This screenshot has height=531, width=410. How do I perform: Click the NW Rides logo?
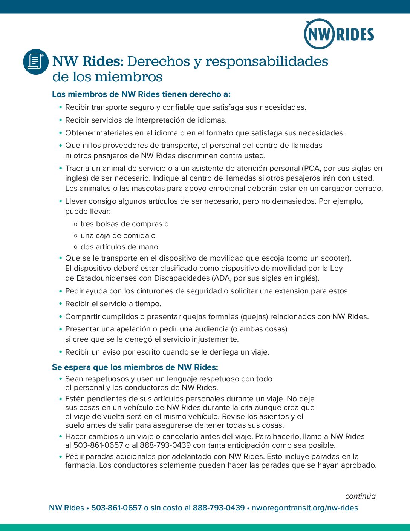coord(339,34)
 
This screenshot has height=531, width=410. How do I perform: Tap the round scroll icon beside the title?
coord(36,61)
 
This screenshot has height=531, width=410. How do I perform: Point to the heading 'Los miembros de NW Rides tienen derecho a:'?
coord(141,94)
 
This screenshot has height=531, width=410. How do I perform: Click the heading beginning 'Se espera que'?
coord(135,367)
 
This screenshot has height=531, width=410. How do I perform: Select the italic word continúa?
coord(360,496)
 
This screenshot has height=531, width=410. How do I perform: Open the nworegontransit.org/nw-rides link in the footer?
coord(304,508)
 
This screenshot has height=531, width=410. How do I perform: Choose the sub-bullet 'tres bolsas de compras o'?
coord(124,224)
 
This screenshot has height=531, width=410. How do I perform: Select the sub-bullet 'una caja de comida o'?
coord(118,235)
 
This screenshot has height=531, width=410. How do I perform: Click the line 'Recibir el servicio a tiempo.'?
coord(113,304)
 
